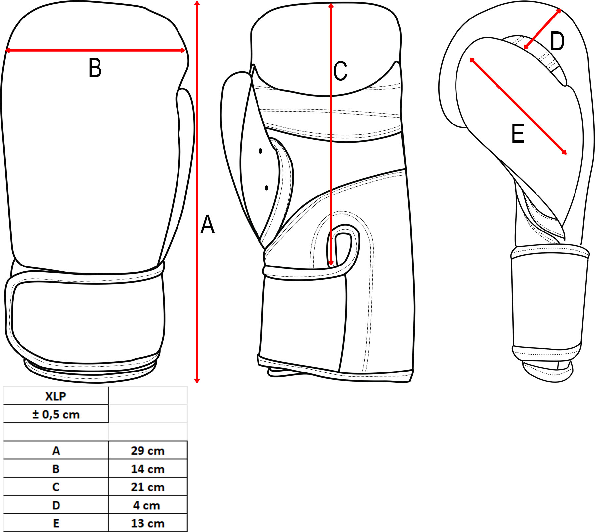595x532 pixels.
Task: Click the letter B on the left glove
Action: (x=95, y=68)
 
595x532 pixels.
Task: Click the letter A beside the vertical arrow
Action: (x=208, y=225)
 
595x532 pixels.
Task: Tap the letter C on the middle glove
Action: (x=340, y=71)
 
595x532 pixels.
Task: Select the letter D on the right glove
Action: (x=557, y=42)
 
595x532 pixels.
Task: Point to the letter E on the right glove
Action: (x=518, y=134)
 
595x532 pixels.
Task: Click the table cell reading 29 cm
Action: (x=147, y=451)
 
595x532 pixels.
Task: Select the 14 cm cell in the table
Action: (x=147, y=469)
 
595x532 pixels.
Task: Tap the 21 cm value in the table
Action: (x=147, y=487)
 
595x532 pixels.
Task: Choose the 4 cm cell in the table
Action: (x=147, y=505)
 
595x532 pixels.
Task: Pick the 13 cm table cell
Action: (x=147, y=523)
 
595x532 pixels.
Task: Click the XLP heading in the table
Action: (x=56, y=396)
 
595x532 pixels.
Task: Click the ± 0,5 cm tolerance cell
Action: (x=56, y=414)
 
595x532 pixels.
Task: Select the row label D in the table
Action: (x=56, y=505)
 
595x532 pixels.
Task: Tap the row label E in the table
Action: (x=56, y=523)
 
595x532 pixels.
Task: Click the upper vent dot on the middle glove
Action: (x=260, y=151)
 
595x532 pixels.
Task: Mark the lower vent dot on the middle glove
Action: (x=266, y=188)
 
